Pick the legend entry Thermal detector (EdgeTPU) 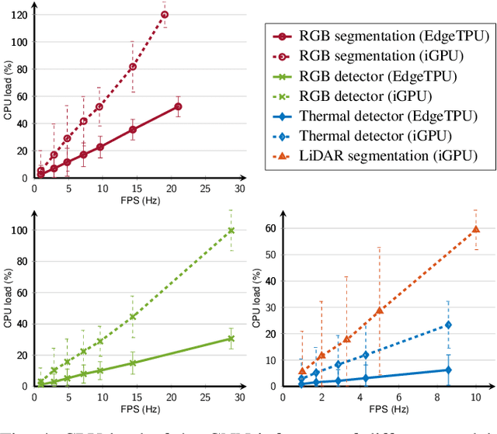[373, 116]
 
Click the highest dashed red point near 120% [164, 15]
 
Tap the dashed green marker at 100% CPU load [231, 231]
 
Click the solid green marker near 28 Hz [231, 338]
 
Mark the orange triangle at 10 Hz [475, 229]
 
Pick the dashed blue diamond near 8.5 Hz [448, 325]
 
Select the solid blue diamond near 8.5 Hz [448, 370]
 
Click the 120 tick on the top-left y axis [16, 15]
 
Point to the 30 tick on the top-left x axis [240, 189]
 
